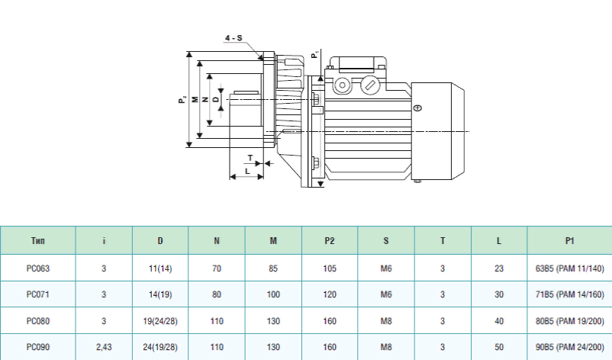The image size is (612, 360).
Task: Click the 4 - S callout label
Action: point(234,37)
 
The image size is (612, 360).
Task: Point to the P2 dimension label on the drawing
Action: point(182,99)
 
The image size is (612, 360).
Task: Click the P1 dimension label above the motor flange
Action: point(314,54)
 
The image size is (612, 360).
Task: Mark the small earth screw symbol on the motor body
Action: point(417,109)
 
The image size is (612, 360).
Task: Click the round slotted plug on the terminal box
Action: point(370,85)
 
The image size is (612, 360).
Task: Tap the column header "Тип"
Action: point(38,241)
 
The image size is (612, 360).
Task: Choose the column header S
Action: point(386,241)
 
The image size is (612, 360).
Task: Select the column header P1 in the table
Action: point(569,241)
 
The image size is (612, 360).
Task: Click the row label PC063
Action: point(38,268)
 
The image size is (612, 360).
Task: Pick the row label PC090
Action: point(38,346)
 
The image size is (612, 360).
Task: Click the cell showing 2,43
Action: point(104,346)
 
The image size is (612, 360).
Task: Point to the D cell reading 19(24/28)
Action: point(160,320)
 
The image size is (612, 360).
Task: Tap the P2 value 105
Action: point(330,268)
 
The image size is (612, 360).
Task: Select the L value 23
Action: point(499,268)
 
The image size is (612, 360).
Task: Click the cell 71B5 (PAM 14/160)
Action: point(569,294)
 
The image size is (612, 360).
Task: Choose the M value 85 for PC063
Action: point(273,268)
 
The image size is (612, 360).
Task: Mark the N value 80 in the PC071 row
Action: point(217,294)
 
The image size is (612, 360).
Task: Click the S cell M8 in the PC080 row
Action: point(386,320)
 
